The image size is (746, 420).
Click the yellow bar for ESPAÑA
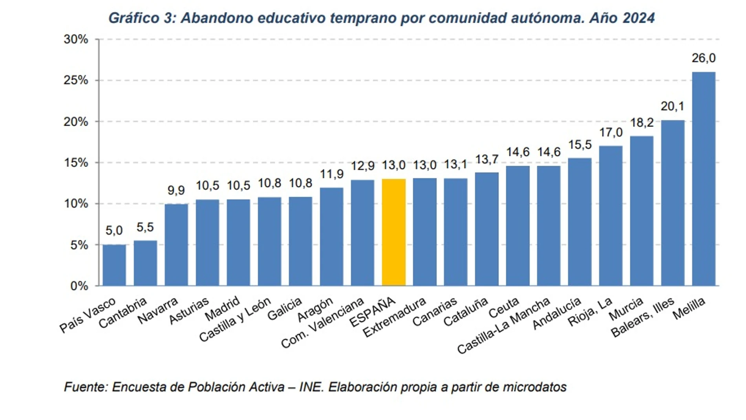pos(393,232)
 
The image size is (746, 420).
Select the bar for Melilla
pos(703,179)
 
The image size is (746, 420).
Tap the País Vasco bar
pos(114,265)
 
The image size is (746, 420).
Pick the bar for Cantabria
pos(145,263)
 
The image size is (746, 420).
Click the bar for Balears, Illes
pos(672,203)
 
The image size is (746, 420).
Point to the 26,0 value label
pos(703,58)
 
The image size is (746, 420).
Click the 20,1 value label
pos(672,106)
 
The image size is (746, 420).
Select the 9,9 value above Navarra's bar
pos(176,190)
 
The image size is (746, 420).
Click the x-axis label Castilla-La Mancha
pos(504,326)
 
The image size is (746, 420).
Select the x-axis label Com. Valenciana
pos(323,323)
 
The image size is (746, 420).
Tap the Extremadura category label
pos(394,317)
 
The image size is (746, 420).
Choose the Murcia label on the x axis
pos(626,308)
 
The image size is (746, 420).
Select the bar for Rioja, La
pos(610,216)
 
